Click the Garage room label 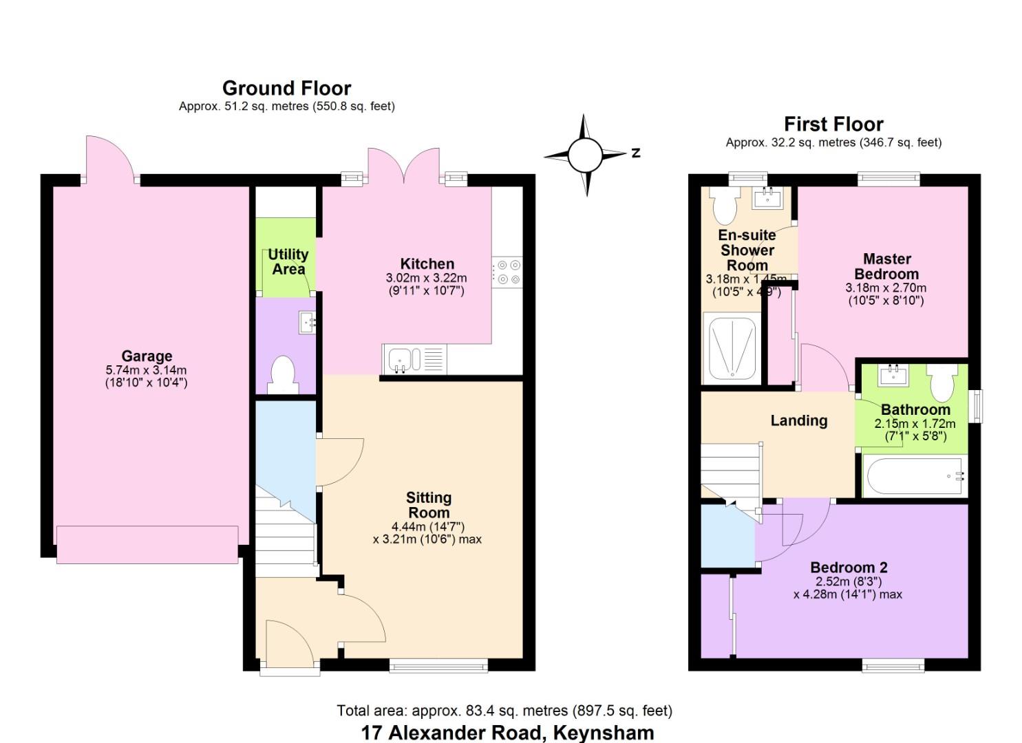[147, 356]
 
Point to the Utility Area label [288, 261]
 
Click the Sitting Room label [429, 505]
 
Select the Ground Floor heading [286, 88]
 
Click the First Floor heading [833, 124]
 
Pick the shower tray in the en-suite [732, 348]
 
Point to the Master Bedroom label [886, 266]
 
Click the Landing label [798, 420]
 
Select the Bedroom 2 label [849, 568]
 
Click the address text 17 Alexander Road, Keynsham [507, 732]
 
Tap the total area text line [504, 711]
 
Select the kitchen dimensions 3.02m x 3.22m [426, 278]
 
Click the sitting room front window [438, 665]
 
